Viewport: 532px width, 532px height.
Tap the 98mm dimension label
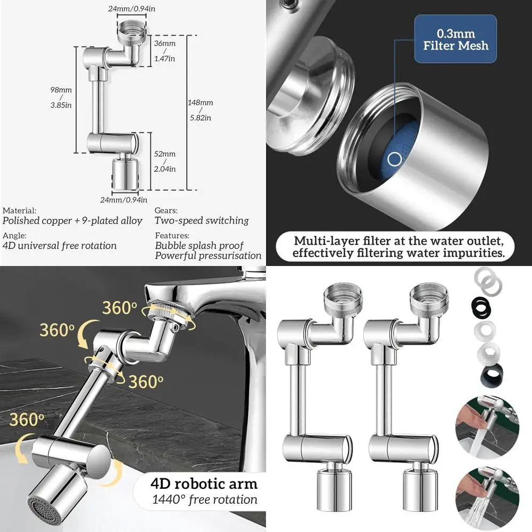[64, 90]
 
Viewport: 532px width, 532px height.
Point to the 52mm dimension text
[169, 154]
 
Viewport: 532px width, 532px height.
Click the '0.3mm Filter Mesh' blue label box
[455, 39]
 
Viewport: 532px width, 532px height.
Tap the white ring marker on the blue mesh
[394, 159]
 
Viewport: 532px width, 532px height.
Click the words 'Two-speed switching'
[202, 220]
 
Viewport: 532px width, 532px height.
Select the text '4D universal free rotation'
[60, 246]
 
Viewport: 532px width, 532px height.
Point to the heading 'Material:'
[20, 211]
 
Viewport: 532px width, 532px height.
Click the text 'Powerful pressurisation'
[208, 256]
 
